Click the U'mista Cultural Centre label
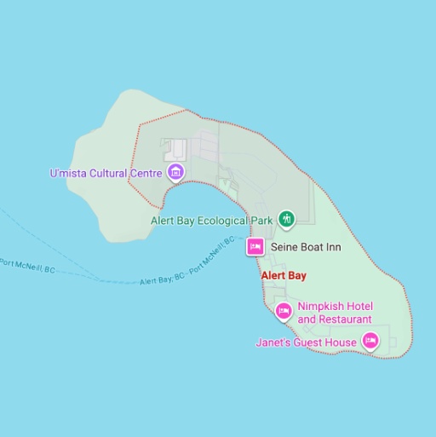pos(106,173)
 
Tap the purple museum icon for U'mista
pos(175,173)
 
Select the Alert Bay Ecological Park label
pos(211,220)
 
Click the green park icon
pos(287,219)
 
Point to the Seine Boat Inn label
pos(305,247)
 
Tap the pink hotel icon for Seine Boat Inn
pos(254,247)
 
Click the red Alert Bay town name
pos(283,276)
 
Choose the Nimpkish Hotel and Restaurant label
pos(335,313)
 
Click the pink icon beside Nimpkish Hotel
pos(284,312)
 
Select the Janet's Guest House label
pos(306,342)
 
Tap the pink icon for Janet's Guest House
pos(370,342)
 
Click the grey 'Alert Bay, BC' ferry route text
pos(161,279)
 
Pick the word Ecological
pos(228,220)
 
